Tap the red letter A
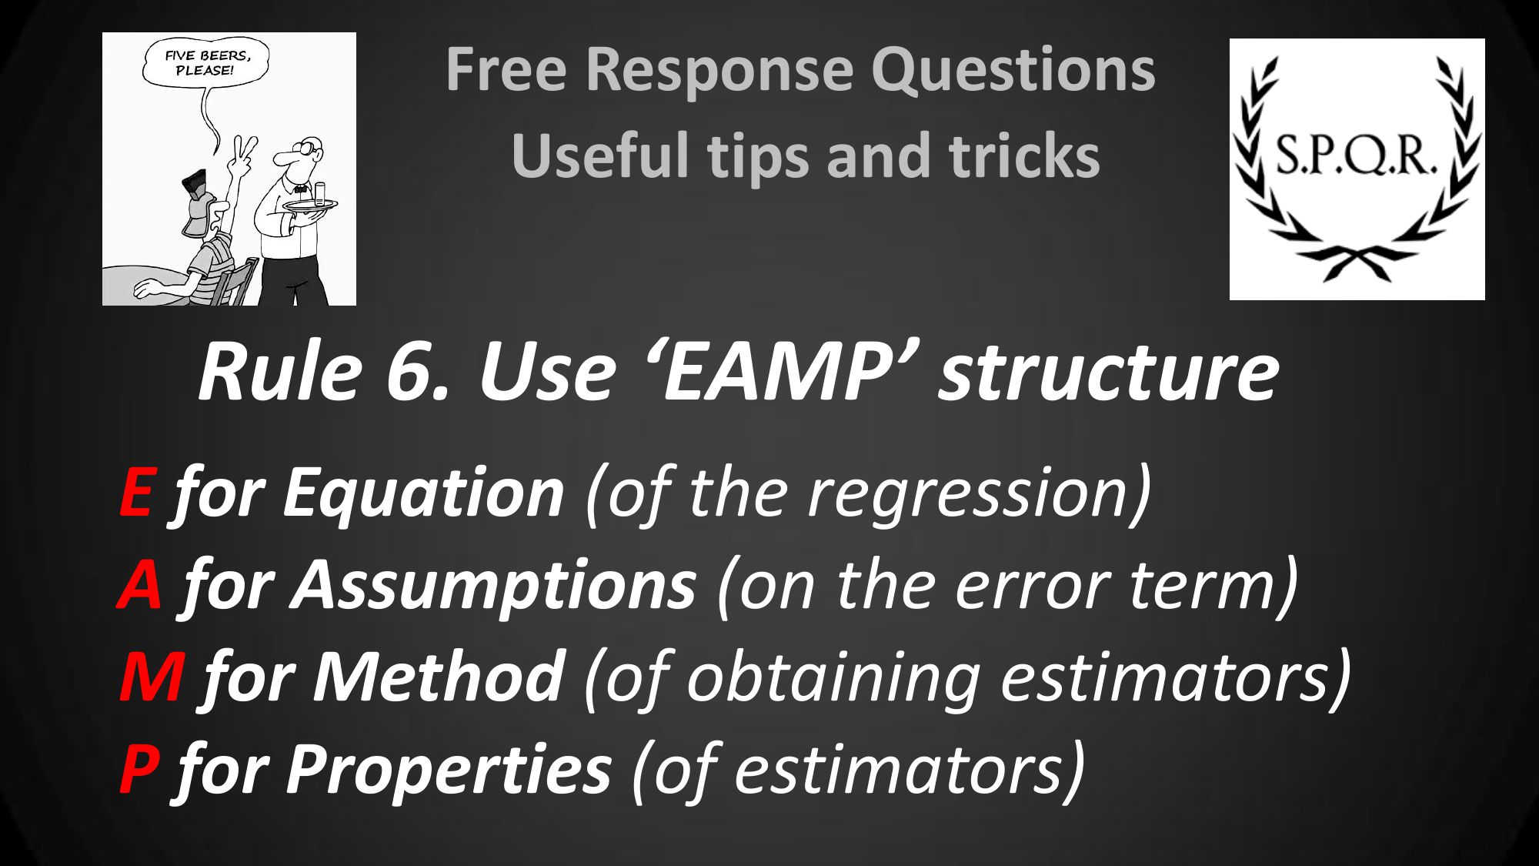tap(140, 584)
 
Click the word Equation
tap(423, 496)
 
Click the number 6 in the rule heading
tap(416, 373)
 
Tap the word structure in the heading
tap(1108, 373)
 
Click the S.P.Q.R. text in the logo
tap(1356, 155)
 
